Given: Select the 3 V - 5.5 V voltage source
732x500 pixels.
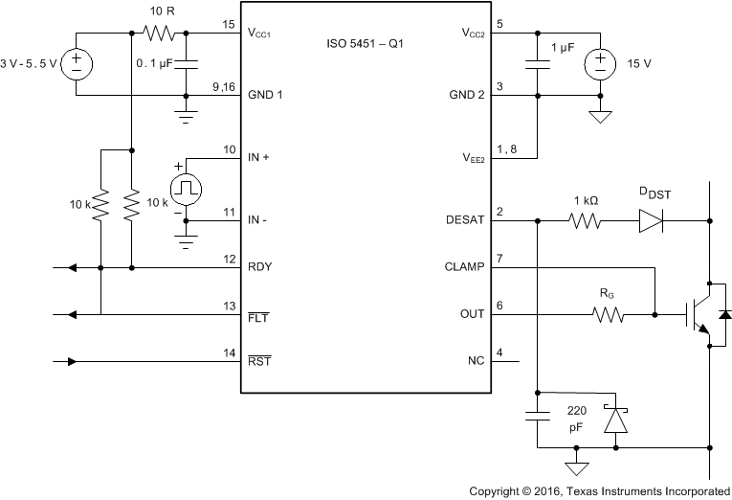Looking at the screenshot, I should (78, 64).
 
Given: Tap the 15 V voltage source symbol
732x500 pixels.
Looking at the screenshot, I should (600, 64).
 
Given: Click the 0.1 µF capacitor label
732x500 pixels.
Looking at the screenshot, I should (155, 64).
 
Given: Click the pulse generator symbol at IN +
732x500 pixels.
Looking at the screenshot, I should (186, 186).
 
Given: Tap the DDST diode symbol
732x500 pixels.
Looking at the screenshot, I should (650, 219).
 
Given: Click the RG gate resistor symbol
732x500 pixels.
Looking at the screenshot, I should (607, 313).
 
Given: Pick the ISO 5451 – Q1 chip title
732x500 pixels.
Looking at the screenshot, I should (366, 44).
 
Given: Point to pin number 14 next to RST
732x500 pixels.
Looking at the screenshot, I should (229, 352).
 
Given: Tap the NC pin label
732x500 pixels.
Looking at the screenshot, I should (477, 361).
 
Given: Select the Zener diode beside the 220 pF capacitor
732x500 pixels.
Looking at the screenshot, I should (615, 419).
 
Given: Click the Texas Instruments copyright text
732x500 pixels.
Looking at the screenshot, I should (598, 489).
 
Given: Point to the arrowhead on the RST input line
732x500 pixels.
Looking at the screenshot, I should (72, 361).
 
